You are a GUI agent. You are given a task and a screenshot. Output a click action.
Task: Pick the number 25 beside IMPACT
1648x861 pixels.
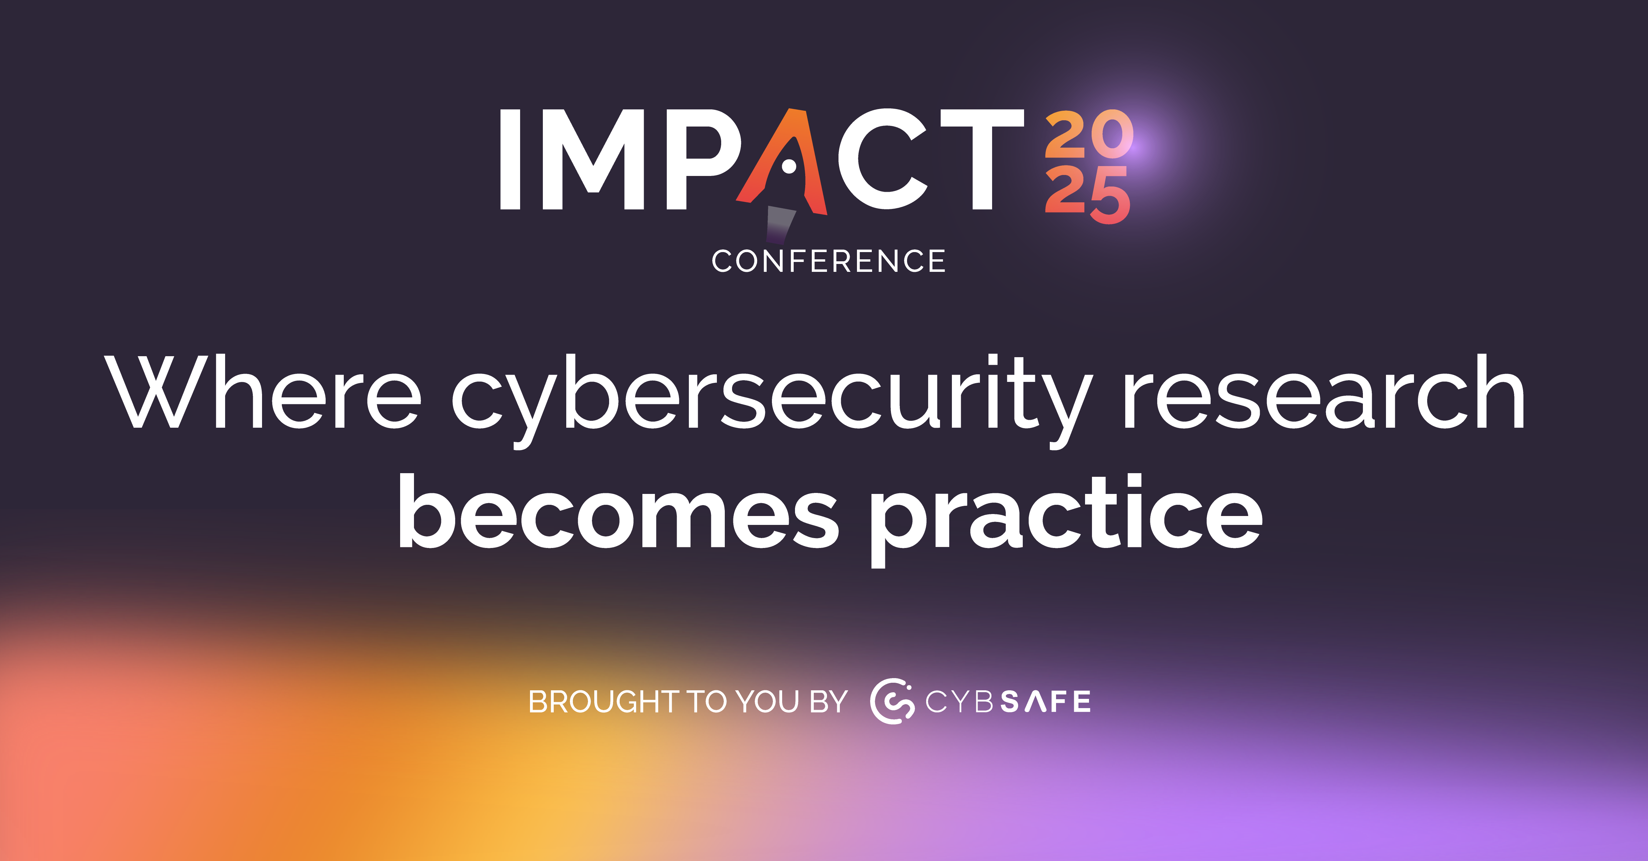tap(1088, 195)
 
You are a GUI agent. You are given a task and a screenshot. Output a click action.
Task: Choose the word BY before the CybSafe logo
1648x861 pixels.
tap(829, 702)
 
